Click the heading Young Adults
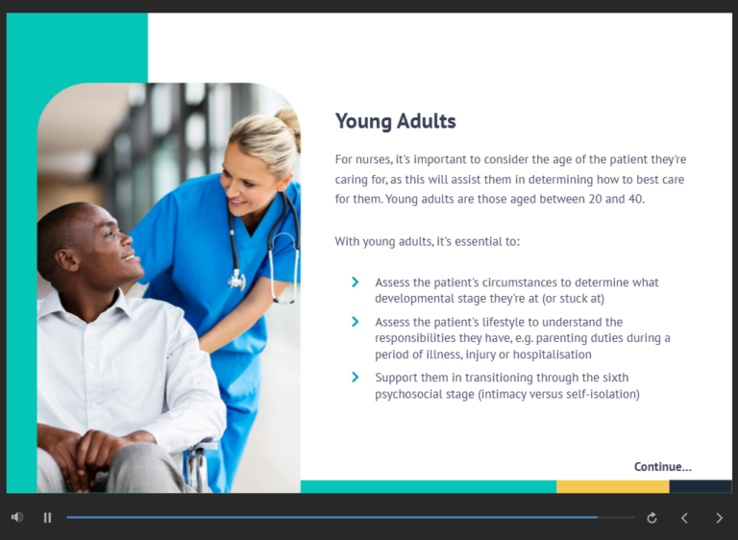395,121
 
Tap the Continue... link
662,467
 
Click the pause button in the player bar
47,518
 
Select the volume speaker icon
17,518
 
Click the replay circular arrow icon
652,518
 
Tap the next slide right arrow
719,518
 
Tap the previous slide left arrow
684,518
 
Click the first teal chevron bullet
356,282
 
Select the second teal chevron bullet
356,322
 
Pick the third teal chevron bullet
356,378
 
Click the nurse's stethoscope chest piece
236,280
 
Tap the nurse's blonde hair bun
286,119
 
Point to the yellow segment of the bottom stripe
612,487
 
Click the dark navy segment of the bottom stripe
700,487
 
